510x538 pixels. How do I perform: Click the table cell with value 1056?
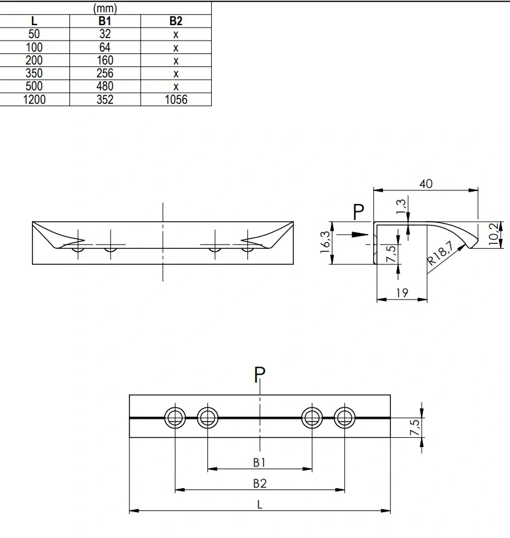tap(176, 99)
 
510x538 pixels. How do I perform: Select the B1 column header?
tap(105, 21)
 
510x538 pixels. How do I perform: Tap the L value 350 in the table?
tap(34, 73)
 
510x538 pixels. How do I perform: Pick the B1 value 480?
tap(105, 86)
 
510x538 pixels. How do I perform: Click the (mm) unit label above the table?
tap(105, 8)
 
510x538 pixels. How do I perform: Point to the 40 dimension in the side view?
tap(426, 184)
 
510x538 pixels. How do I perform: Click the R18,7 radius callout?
tap(441, 253)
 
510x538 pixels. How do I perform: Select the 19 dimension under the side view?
tap(402, 293)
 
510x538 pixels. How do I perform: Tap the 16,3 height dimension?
tap(325, 242)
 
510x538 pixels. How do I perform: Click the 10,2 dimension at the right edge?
tap(493, 234)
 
